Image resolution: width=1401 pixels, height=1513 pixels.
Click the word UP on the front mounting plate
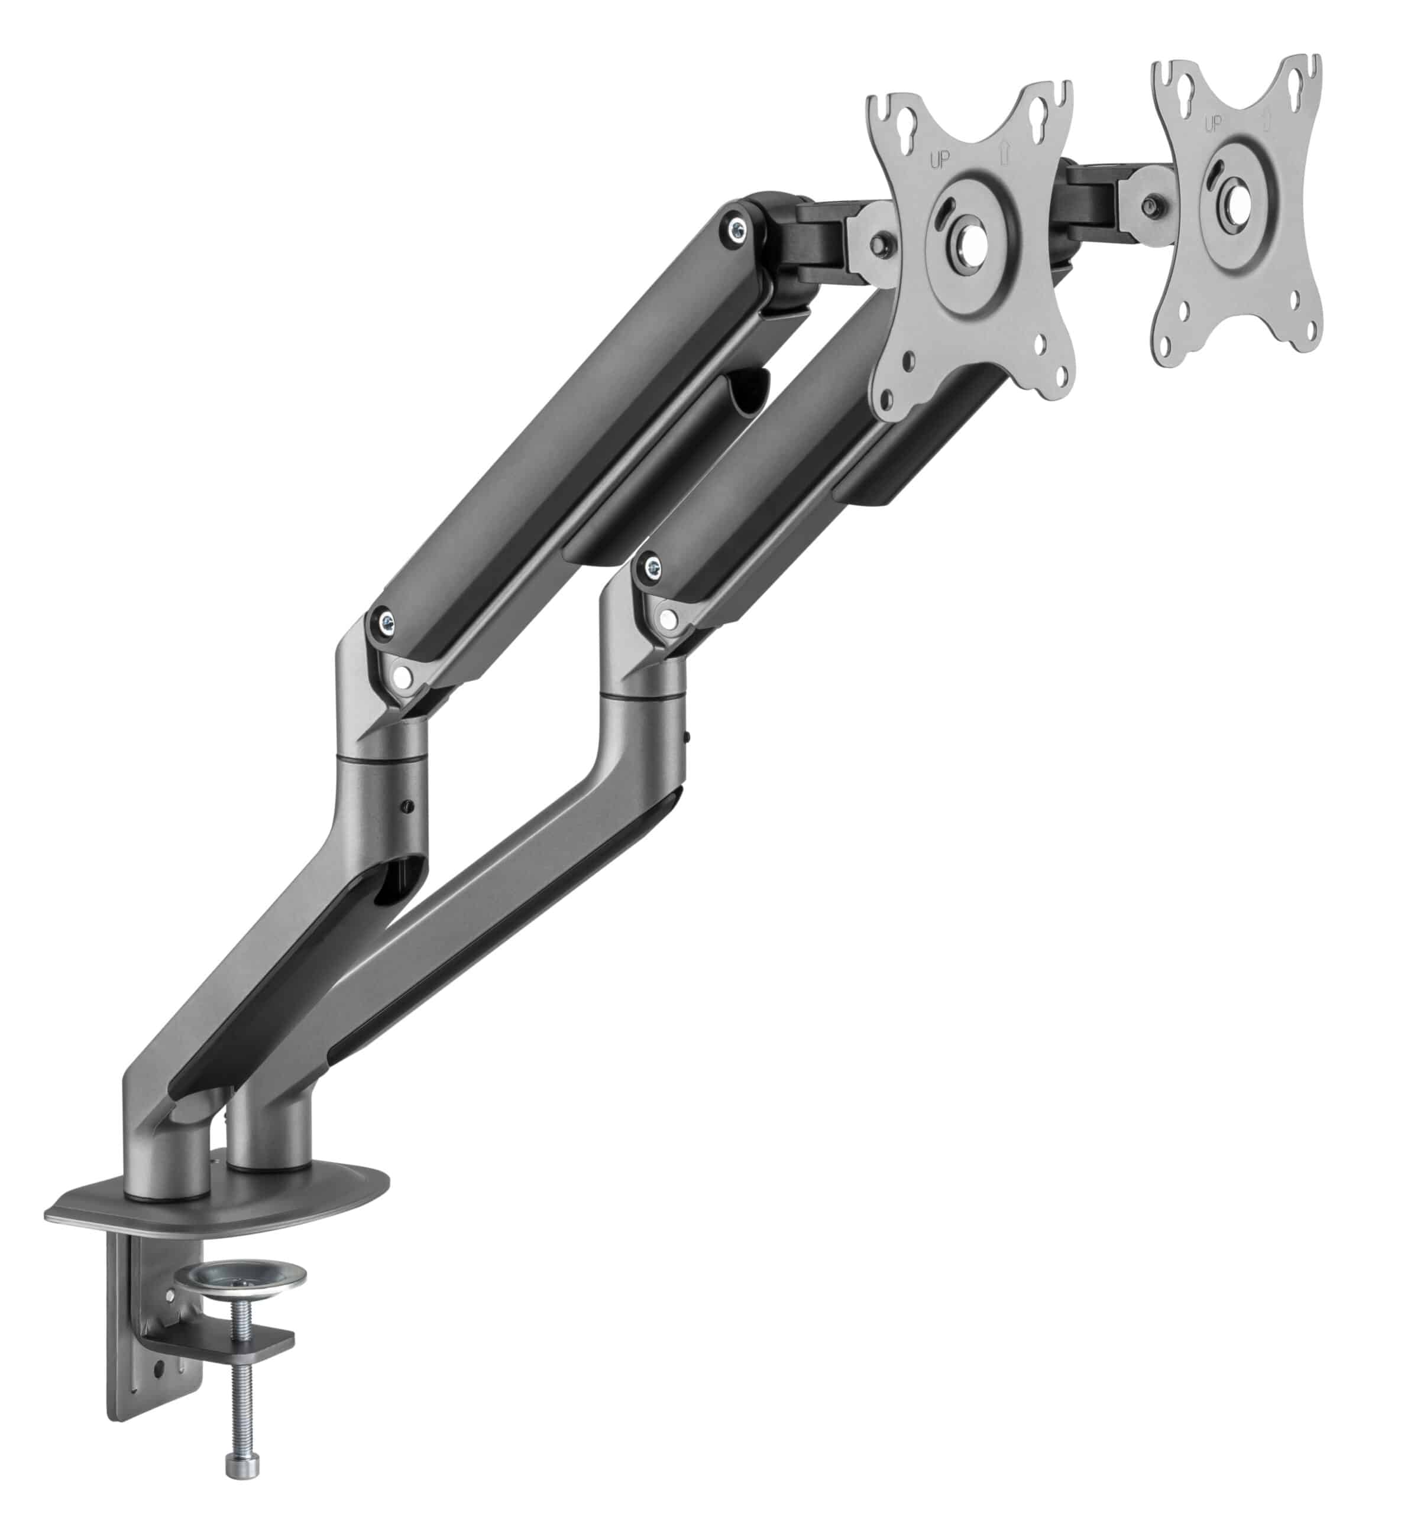[939, 160]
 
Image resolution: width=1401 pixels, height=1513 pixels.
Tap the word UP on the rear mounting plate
[1213, 124]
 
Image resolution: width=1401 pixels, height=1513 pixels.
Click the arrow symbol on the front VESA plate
[1005, 154]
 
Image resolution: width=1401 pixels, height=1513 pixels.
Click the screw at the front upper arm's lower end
[649, 564]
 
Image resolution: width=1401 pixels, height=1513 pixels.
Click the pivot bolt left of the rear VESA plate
[1154, 204]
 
